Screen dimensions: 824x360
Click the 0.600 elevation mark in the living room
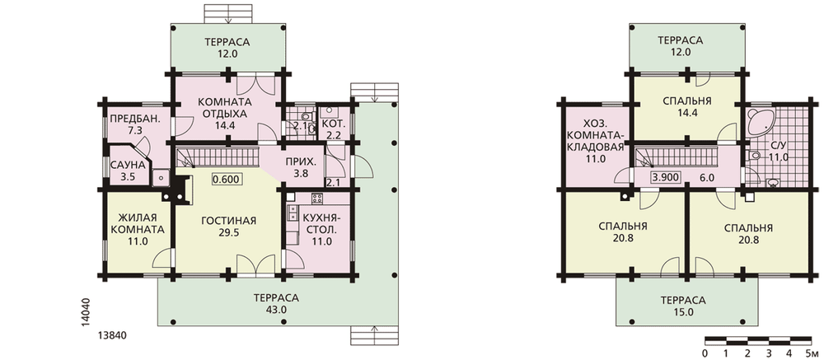coord(227,180)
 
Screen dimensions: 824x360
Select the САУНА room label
coord(128,171)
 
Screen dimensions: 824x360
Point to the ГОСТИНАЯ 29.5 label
coord(228,227)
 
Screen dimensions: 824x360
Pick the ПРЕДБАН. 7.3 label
coord(135,124)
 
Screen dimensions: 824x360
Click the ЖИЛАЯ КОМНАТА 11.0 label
coord(137,230)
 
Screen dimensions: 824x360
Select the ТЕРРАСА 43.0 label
coord(276,304)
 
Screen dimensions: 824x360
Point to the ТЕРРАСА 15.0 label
coord(683,306)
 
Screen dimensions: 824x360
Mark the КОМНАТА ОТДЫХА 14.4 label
coord(224,114)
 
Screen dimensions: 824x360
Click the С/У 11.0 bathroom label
coord(779,151)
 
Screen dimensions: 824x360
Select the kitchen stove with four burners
coord(317,199)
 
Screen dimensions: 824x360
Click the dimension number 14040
coord(87,313)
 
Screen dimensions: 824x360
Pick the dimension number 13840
coord(112,336)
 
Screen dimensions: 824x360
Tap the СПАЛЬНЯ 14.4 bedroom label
coord(687,107)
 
